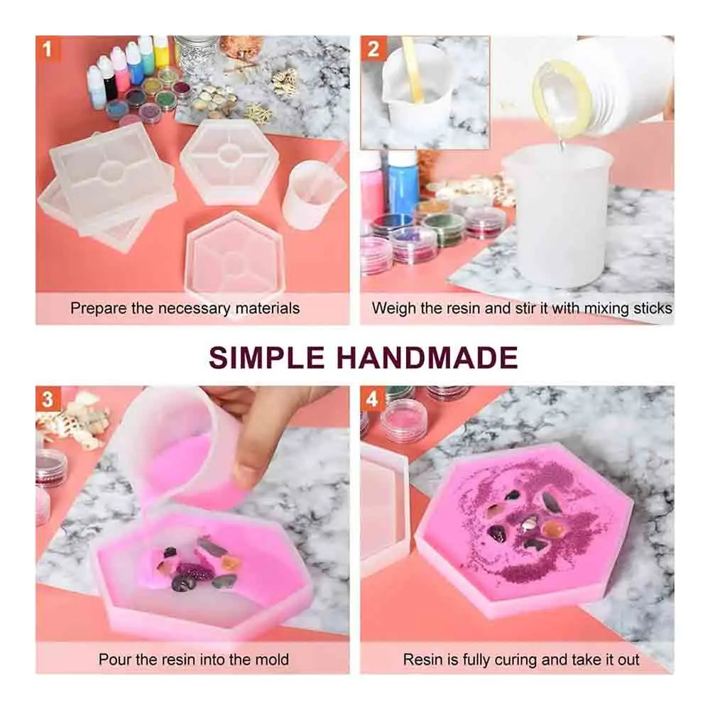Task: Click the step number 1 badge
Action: tap(48, 48)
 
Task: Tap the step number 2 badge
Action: tap(373, 48)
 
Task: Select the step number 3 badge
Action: tap(48, 399)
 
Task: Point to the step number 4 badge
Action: tap(372, 399)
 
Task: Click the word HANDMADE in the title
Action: tap(428, 357)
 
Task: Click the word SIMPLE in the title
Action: tap(267, 357)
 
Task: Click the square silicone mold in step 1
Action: tap(111, 168)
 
